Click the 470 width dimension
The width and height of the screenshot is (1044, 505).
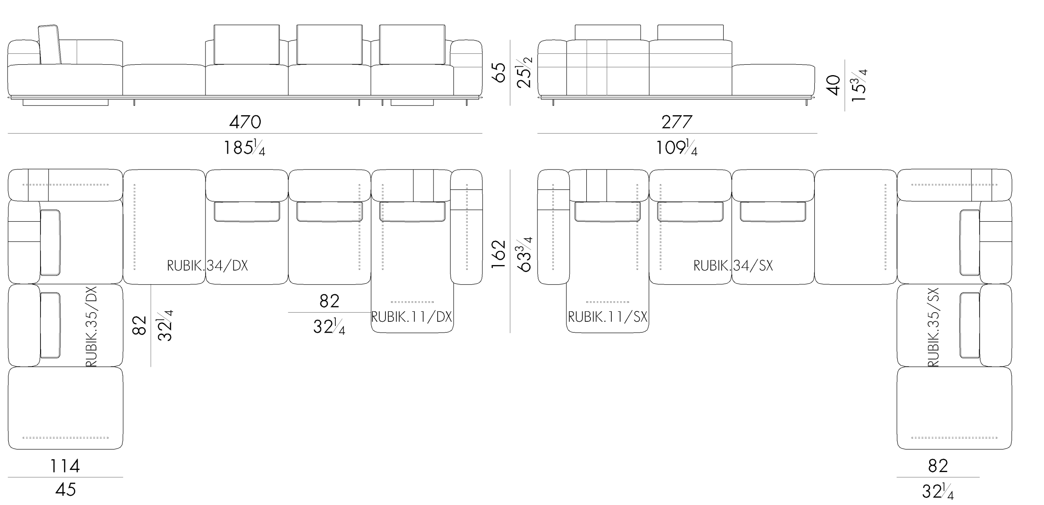click(x=245, y=122)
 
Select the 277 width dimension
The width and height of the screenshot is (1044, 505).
click(x=677, y=122)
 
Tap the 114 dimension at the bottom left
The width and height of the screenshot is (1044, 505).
click(x=65, y=466)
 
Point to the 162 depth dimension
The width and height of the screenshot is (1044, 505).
click(x=499, y=254)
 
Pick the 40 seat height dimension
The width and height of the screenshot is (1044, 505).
click(x=834, y=85)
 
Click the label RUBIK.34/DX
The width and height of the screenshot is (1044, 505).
click(x=208, y=266)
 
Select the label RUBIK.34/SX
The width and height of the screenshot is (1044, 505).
click(x=733, y=266)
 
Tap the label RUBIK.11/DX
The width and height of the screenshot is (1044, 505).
click(x=412, y=317)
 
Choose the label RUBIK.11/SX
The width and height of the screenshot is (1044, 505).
click(x=608, y=317)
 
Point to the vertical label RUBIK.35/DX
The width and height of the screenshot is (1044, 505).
click(x=91, y=327)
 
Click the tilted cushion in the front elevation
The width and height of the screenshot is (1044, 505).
click(x=50, y=45)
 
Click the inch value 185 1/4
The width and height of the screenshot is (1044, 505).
click(x=245, y=148)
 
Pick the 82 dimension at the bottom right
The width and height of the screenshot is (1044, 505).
click(x=938, y=466)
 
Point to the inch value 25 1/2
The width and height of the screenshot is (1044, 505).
click(x=525, y=72)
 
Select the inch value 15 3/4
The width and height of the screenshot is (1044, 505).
click(x=859, y=85)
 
